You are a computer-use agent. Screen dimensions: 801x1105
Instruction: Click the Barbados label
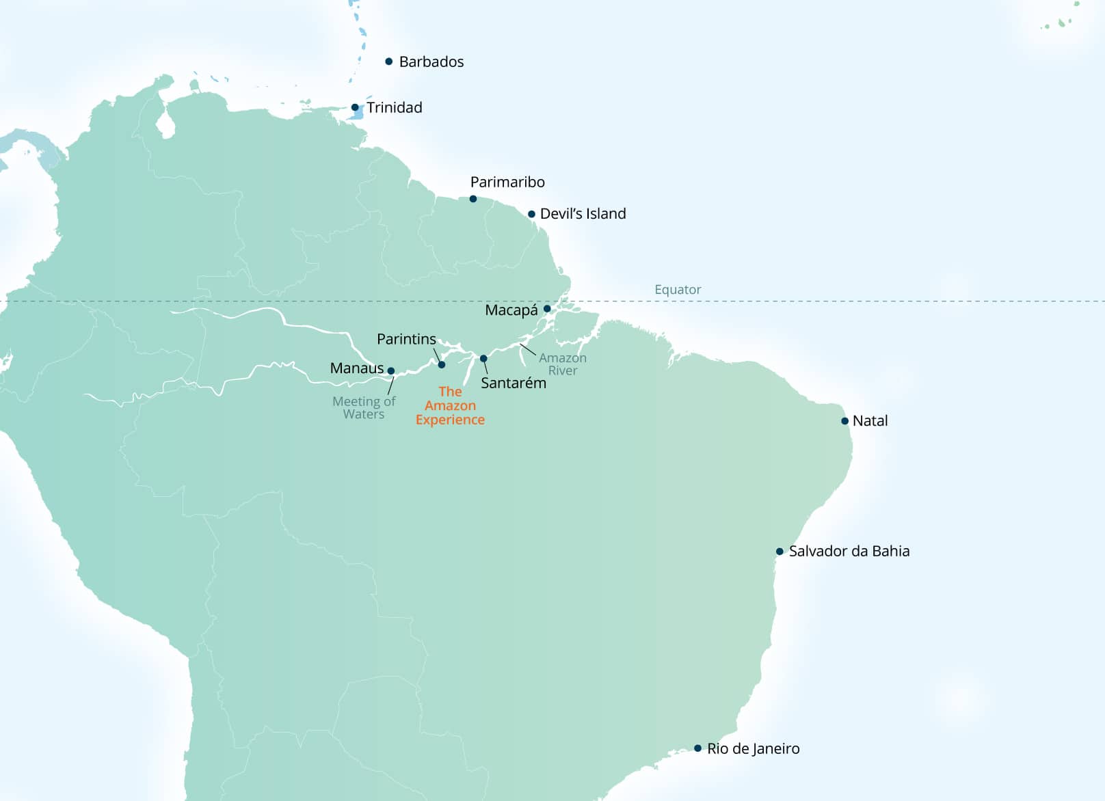pos(431,62)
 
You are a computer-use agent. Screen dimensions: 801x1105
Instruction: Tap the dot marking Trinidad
pos(355,107)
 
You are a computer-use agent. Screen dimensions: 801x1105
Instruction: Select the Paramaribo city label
pos(507,182)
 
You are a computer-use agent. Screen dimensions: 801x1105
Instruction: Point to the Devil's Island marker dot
pos(531,214)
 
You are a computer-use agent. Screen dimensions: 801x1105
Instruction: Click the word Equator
pos(677,289)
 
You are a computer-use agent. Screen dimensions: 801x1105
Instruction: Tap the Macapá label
pos(511,310)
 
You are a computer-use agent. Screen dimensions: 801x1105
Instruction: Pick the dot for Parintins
pos(442,365)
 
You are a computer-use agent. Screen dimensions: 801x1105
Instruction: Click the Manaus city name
pos(356,368)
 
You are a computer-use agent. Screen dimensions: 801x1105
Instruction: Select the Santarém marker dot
pos(483,359)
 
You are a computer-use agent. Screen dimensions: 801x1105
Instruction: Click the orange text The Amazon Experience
pos(450,405)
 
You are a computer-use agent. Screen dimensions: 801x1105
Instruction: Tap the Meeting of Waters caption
pos(364,407)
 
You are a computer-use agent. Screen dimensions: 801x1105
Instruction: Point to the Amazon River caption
pos(562,364)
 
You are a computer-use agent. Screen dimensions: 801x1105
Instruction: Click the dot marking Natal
pos(845,421)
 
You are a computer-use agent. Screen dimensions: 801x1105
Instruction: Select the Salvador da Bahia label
pos(849,551)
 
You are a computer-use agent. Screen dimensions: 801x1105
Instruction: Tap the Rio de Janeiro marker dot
pos(697,748)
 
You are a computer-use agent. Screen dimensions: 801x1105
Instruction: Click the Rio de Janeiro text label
pos(753,748)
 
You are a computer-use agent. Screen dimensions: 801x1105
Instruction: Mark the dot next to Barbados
pos(389,62)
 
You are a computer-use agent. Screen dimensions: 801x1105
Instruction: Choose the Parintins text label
pos(406,339)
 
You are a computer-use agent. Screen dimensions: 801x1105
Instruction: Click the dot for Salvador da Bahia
pos(780,552)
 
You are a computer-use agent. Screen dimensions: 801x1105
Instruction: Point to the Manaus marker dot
pos(391,371)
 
